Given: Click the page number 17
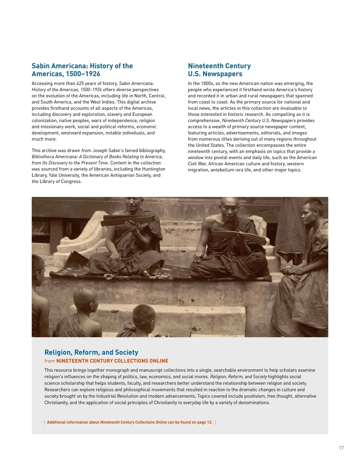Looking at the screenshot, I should coord(341,448).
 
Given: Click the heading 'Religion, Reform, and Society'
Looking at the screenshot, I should coord(91,352).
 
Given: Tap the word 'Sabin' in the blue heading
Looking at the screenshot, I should coord(40,66).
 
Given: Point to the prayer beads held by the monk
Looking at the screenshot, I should coord(114,264).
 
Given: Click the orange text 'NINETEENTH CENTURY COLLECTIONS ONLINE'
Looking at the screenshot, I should coord(112,361).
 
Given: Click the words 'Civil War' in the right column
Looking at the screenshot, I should coord(197,164).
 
